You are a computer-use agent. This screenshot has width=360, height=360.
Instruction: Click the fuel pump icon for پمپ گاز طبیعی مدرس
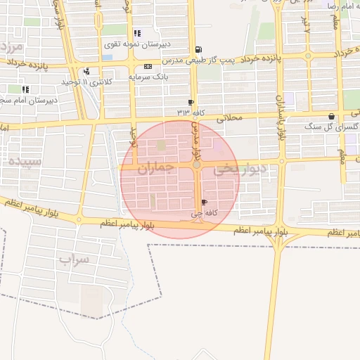(200, 49)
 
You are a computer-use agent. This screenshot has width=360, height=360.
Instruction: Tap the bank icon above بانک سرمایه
(146, 66)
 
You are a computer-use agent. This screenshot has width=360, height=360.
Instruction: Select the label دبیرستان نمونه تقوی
(138, 44)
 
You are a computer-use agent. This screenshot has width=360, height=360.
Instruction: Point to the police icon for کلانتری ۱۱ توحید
(86, 70)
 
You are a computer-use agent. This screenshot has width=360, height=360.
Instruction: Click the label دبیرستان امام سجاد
(29, 101)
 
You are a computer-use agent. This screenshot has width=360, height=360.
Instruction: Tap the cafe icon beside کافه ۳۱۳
(191, 102)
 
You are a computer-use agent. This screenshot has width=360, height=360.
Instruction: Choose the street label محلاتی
(229, 117)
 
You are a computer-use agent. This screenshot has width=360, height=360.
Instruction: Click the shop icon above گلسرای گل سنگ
(332, 116)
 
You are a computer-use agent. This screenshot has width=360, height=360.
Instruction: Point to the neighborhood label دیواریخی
(240, 168)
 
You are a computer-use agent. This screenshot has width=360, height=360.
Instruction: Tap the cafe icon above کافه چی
(205, 202)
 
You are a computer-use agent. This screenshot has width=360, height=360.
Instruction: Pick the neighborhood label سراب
(74, 261)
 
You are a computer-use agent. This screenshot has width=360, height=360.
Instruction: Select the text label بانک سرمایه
(150, 77)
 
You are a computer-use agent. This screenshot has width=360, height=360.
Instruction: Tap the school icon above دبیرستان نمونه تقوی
(136, 32)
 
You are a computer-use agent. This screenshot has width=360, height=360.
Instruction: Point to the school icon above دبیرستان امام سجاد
(25, 89)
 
